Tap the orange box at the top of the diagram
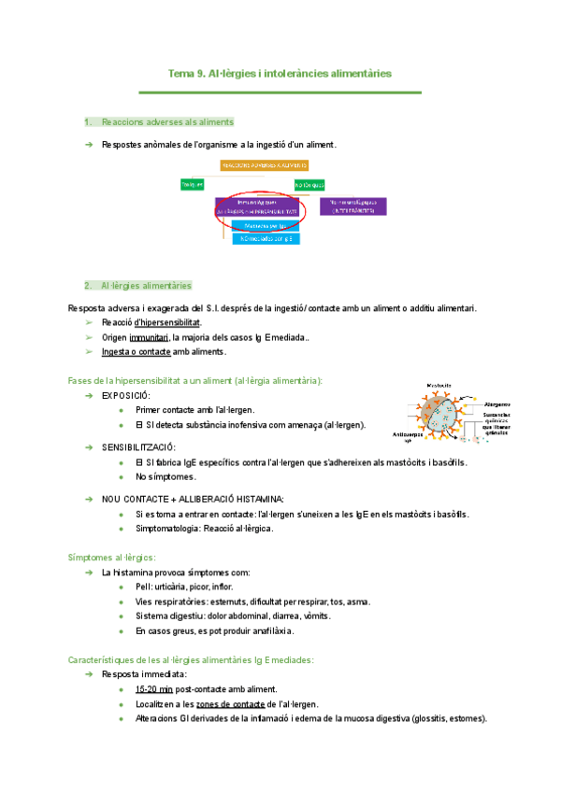(265, 165)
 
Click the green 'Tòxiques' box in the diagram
(193, 185)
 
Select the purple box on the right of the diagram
(352, 206)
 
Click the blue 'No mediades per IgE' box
(266, 239)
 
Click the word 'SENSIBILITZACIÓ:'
(138, 448)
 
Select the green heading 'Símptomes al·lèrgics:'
(112, 557)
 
